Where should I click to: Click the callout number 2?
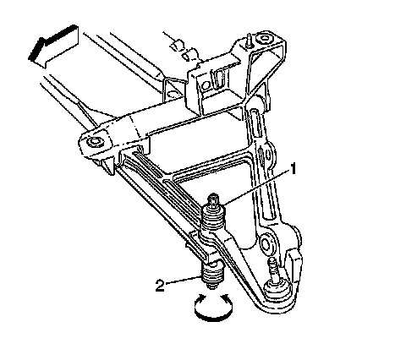[160, 286]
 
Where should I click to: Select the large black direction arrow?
[53, 46]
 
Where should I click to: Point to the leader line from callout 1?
[255, 186]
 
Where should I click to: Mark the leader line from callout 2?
[184, 281]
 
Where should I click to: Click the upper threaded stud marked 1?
[214, 214]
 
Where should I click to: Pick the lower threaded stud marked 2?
[213, 275]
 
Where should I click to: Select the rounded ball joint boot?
[277, 290]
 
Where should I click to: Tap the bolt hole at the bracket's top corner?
[265, 39]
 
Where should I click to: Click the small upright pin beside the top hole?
[250, 40]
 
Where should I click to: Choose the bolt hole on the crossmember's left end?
[94, 141]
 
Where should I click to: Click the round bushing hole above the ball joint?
[266, 243]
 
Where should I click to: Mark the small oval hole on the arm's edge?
[267, 155]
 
